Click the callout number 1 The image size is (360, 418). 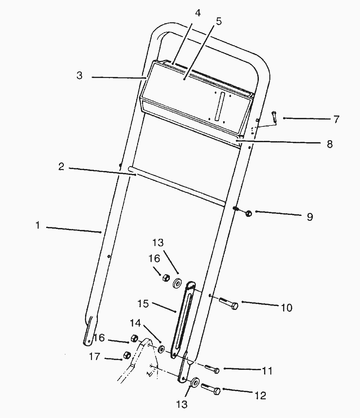[38, 225]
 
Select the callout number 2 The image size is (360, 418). [61, 166]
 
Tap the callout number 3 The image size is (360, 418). [80, 75]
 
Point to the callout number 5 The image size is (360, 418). [219, 22]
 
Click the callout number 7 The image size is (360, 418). [336, 119]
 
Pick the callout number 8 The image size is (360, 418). [330, 144]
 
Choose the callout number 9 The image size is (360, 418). [310, 217]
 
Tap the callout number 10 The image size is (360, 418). [287, 308]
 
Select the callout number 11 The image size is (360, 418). [267, 371]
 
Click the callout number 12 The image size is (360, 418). [261, 395]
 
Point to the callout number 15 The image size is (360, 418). [143, 304]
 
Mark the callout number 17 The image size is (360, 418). [95, 356]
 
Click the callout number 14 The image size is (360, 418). [135, 323]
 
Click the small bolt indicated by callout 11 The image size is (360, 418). [212, 369]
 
